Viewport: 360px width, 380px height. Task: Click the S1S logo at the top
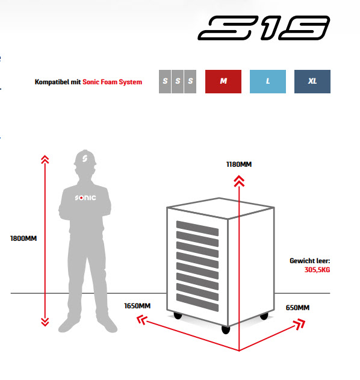click(x=264, y=28)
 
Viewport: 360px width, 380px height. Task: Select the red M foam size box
click(x=223, y=81)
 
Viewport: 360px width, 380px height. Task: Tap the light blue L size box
click(x=268, y=81)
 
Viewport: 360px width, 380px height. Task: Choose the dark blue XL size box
click(x=312, y=81)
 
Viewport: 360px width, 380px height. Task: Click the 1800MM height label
click(x=23, y=238)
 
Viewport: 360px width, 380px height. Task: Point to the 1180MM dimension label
click(x=239, y=164)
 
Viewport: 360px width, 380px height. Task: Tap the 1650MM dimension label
click(x=137, y=306)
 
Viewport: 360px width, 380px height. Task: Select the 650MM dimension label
click(x=297, y=308)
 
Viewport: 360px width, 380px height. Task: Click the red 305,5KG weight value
click(x=317, y=270)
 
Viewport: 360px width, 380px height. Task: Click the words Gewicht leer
click(x=310, y=261)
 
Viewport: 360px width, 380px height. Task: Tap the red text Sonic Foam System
click(x=112, y=82)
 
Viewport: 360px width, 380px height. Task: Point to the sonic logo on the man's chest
click(x=85, y=198)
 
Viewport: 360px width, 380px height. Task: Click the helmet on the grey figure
click(x=85, y=158)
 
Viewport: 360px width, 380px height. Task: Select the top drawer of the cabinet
click(x=197, y=228)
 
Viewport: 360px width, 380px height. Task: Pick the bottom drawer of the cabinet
click(x=197, y=302)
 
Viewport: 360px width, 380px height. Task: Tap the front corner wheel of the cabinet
click(x=226, y=329)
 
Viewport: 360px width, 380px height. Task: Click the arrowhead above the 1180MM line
click(x=239, y=181)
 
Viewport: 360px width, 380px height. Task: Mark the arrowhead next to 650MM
click(x=299, y=324)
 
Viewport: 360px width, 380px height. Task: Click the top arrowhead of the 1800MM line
click(x=45, y=160)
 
